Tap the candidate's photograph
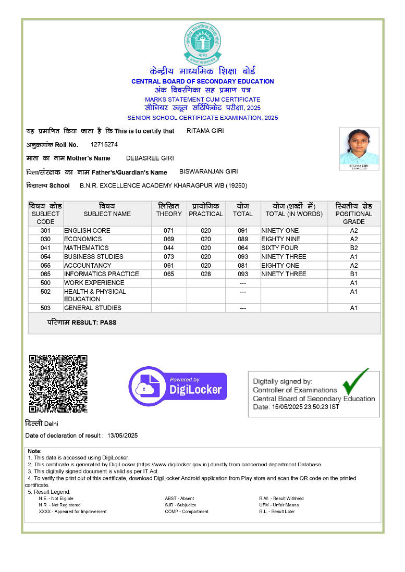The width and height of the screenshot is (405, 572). [359, 148]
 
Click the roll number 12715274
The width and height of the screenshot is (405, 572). [104, 144]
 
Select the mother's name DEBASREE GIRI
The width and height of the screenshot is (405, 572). [150, 158]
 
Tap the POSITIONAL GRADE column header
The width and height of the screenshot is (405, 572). [354, 214]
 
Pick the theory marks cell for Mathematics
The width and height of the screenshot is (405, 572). [169, 248]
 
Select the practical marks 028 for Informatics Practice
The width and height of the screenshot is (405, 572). [206, 274]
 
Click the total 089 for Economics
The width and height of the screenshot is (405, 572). [243, 239]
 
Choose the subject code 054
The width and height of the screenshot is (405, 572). [45, 257]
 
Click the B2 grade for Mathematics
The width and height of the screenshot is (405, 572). [354, 248]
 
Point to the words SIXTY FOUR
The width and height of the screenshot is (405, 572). [280, 248]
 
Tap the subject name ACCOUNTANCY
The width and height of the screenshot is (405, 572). [88, 265]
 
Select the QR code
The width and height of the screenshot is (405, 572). [58, 383]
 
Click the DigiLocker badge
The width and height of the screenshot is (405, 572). [177, 386]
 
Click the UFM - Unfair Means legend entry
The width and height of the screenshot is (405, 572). [279, 505]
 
